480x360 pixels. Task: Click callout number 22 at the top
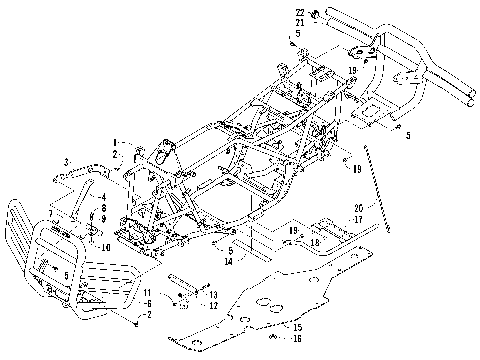[300, 11]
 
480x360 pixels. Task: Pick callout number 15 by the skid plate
[297, 327]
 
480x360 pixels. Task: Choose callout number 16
[297, 339]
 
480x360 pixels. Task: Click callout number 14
[230, 261]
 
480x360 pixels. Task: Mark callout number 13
[213, 294]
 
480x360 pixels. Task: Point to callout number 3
[67, 162]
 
